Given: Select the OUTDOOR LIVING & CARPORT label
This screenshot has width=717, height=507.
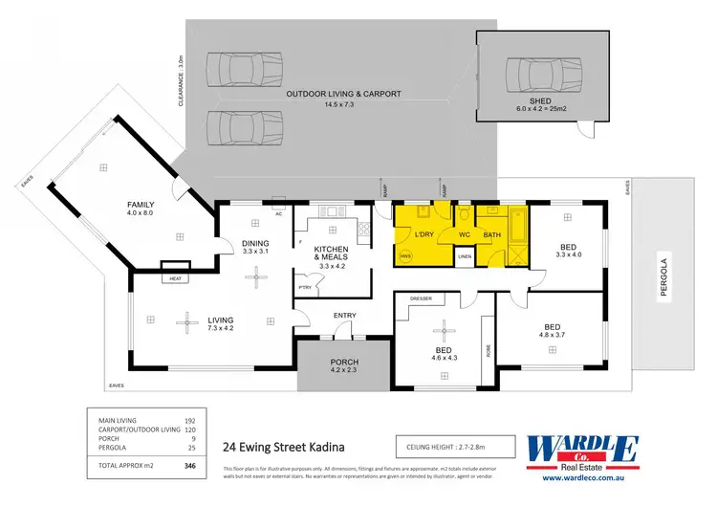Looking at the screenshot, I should pyautogui.click(x=343, y=94).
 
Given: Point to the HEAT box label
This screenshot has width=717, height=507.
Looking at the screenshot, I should pyautogui.click(x=175, y=278).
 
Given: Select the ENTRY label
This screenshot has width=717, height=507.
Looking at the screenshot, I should pyautogui.click(x=343, y=315).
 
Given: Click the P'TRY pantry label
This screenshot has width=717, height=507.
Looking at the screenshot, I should pyautogui.click(x=305, y=287).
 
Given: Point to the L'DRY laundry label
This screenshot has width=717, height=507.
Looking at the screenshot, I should pyautogui.click(x=424, y=234).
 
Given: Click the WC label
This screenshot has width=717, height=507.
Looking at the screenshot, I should pyautogui.click(x=464, y=234).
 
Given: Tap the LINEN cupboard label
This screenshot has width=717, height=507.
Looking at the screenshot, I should pyautogui.click(x=465, y=256).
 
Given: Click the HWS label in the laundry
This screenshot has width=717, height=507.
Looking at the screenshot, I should pyautogui.click(x=405, y=256).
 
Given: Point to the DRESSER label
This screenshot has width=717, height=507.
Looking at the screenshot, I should pyautogui.click(x=422, y=298).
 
